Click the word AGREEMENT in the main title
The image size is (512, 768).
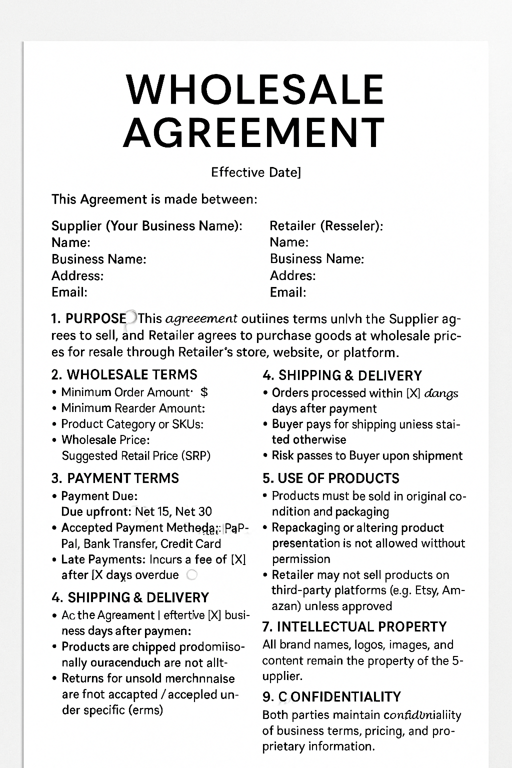pos(254,132)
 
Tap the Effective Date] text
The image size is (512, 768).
pos(256,172)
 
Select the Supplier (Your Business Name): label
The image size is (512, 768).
pos(146,226)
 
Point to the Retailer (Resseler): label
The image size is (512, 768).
pos(326,226)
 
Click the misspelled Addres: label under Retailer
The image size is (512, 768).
pos(292,275)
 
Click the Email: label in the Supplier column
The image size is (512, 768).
pos(69,292)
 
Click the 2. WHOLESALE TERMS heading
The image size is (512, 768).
pos(124,375)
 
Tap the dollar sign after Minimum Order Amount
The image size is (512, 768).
pos(204,392)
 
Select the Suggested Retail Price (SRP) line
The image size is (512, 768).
pos(136,456)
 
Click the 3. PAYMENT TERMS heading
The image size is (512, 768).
pos(115,478)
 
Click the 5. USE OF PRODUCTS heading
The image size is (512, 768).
pos(331,478)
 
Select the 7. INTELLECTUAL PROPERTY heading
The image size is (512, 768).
pos(354,627)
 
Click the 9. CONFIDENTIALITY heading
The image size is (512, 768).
pos(331,697)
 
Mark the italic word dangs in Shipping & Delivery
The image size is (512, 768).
pos(441,393)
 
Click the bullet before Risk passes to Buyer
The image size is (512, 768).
pos(265,456)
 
